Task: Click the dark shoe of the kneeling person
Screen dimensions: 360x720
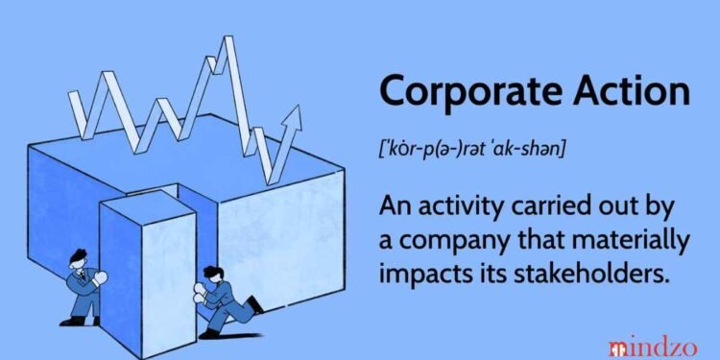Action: click(x=256, y=307)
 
